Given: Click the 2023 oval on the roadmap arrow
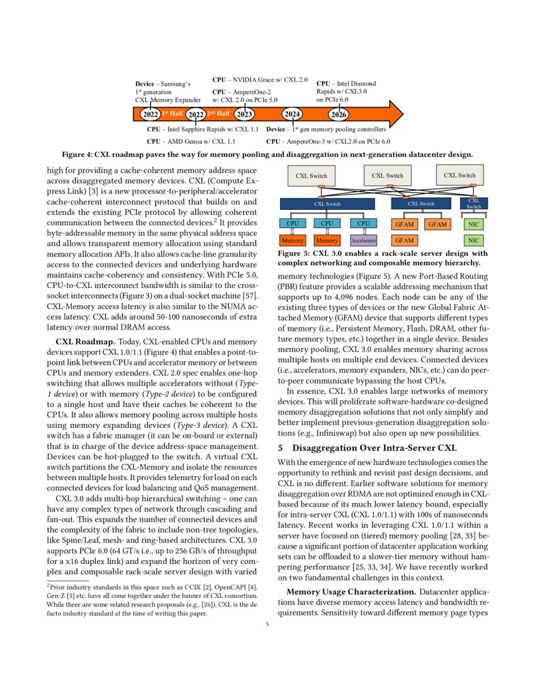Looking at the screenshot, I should pyautogui.click(x=244, y=114).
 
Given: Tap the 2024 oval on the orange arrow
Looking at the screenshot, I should pyautogui.click(x=292, y=114).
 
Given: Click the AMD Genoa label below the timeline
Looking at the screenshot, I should pyautogui.click(x=191, y=142).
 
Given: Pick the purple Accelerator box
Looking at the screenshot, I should pyautogui.click(x=363, y=240).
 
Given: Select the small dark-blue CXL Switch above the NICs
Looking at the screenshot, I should pyautogui.click(x=473, y=203).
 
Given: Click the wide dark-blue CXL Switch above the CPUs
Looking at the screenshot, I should pyautogui.click(x=327, y=203).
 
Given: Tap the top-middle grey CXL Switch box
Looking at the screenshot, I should pyautogui.click(x=386, y=176).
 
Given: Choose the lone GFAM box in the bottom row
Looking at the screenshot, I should pyautogui.click(x=405, y=240).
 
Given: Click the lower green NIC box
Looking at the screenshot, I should pyautogui.click(x=473, y=240).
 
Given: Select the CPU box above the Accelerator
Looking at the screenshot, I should pyautogui.click(x=363, y=223).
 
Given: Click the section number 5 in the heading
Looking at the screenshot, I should pyautogui.click(x=281, y=449).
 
